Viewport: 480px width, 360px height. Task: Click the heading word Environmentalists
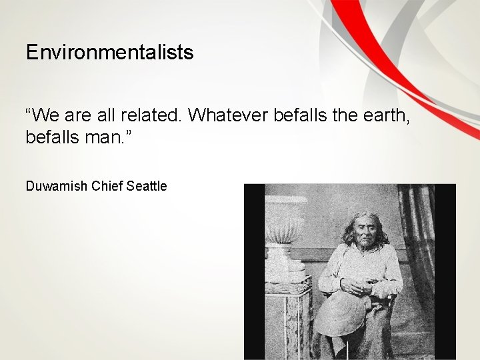click(109, 53)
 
